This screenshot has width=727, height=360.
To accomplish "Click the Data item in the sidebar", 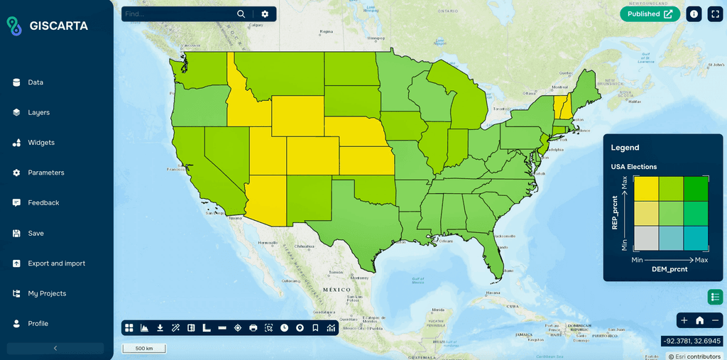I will point(35,82).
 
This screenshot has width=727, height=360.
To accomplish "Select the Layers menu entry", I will point(38,112).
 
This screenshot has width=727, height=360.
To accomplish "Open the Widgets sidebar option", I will point(40,143).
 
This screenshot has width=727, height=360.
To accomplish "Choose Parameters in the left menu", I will point(45,173).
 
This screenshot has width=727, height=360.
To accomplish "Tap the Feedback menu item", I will point(43,203).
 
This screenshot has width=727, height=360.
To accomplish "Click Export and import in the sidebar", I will point(56,263).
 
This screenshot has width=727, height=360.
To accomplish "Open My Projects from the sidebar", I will point(47,293).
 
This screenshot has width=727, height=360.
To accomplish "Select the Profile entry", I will point(38,324).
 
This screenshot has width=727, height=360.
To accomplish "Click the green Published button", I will point(650,14).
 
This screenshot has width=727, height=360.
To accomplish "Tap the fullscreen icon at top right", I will point(714,14).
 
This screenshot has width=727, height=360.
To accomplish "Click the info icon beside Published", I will point(694,14).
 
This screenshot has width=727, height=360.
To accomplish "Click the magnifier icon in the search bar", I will point(241,14).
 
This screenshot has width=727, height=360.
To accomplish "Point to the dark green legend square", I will point(696,188).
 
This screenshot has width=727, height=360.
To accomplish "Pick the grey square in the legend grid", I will point(646,238).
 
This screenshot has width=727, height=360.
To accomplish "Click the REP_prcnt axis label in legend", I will point(615,213).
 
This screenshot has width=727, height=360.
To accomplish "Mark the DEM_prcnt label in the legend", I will point(670,269).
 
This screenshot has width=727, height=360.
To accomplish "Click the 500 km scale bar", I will point(144,349).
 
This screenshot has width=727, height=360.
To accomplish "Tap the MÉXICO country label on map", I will point(337,290).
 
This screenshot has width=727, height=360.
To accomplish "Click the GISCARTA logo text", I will point(59,26).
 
